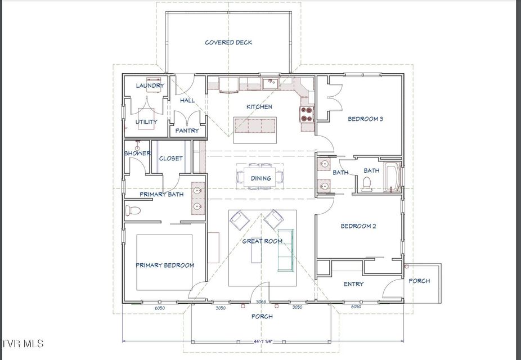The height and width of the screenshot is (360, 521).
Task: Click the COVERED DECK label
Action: (x=228, y=43)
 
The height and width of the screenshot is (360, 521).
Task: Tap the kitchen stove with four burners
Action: (x=307, y=114)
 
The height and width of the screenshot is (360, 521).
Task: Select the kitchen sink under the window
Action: (x=270, y=83)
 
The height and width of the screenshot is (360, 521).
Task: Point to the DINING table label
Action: (x=261, y=178)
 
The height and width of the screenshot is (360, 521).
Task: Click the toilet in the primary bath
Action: (x=133, y=210)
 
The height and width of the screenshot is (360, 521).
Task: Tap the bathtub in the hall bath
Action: (x=392, y=177)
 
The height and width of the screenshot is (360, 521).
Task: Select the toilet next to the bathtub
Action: (x=366, y=184)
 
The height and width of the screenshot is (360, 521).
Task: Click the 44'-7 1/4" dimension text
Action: (x=262, y=341)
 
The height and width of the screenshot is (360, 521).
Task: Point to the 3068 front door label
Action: (x=261, y=301)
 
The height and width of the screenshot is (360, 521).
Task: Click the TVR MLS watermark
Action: (x=22, y=343)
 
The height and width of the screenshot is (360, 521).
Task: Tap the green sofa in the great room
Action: (x=286, y=250)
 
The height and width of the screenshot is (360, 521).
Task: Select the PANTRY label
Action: (x=187, y=130)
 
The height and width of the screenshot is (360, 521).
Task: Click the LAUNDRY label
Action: (x=150, y=85)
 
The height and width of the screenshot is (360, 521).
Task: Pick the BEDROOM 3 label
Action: (x=366, y=119)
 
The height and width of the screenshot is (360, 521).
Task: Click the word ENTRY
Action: (x=353, y=284)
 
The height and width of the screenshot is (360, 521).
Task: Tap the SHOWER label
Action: (x=137, y=154)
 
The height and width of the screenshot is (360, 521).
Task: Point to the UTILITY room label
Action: (x=146, y=122)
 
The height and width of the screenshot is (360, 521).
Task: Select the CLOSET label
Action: (x=171, y=159)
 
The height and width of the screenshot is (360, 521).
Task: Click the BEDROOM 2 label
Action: (x=358, y=226)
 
